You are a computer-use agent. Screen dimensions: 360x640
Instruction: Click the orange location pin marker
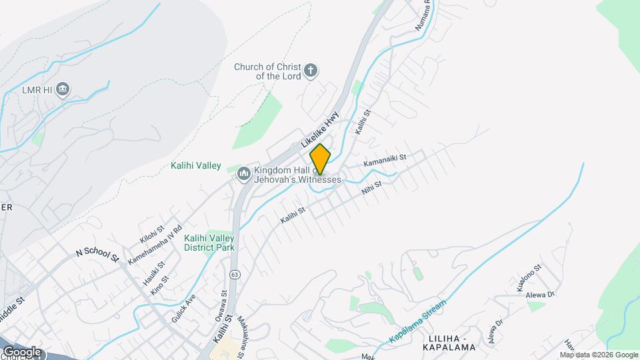click(x=320, y=159)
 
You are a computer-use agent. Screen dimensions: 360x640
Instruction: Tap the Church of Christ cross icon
click(x=310, y=70)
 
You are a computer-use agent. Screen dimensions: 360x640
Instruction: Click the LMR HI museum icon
click(x=63, y=89)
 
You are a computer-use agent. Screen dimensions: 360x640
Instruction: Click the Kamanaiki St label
click(x=394, y=160)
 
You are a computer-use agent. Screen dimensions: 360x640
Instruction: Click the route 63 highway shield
click(x=234, y=274)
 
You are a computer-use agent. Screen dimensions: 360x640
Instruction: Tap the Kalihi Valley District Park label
click(x=210, y=243)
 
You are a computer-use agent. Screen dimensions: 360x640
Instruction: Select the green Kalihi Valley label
click(x=195, y=165)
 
